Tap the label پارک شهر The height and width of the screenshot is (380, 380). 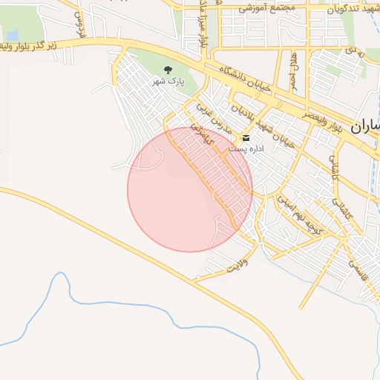click(167, 80)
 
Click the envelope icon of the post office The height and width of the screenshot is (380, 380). click(246, 138)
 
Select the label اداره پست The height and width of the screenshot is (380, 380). click(246, 149)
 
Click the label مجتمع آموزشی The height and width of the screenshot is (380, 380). click(267, 7)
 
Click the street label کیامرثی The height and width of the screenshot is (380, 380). click(201, 134)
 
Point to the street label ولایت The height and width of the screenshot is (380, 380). click(235, 265)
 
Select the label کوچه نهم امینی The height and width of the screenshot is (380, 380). click(299, 215)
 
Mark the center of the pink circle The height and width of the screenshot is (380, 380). click(190, 189)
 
